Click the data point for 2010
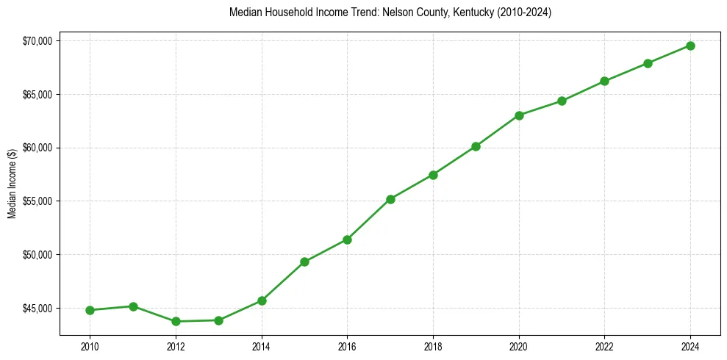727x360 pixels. [90, 310]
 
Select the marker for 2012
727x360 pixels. [176, 321]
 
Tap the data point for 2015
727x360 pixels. [304, 262]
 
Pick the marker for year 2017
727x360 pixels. [390, 199]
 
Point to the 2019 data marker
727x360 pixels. [476, 146]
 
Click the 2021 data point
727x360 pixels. [562, 101]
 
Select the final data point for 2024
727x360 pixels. [690, 46]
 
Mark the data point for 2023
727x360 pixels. [648, 63]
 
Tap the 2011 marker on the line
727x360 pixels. [133, 306]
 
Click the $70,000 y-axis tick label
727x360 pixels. [38, 41]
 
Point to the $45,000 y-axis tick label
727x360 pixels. [38, 309]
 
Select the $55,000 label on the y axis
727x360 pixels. [38, 201]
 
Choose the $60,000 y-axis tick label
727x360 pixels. [38, 148]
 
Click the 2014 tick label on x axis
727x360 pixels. [262, 346]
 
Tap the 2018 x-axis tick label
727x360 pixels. [433, 346]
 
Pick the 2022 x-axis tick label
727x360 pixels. [604, 346]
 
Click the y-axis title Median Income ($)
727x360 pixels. [12, 187]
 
